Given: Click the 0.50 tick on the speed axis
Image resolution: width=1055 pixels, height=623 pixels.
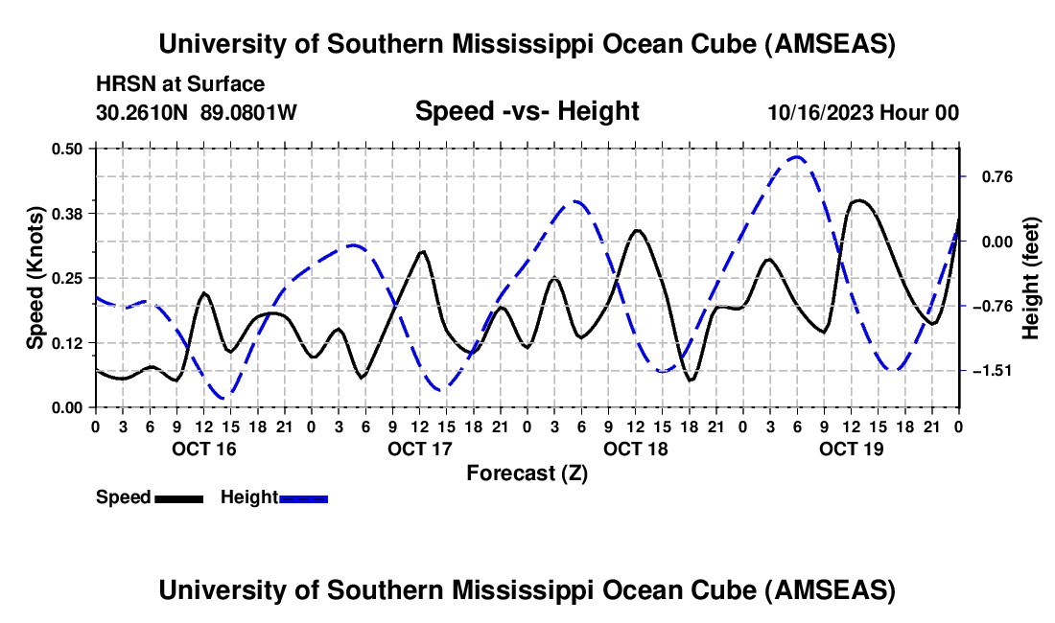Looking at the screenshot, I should pos(68,149).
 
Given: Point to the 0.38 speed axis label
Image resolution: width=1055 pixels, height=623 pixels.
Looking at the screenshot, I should pos(68,213).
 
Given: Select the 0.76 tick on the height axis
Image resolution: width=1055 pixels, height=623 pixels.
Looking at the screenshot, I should pos(989,176).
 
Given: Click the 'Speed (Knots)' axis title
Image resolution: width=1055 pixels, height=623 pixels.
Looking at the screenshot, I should pos(35,278).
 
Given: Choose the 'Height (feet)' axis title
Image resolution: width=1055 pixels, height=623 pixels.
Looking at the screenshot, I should pos(1031,278).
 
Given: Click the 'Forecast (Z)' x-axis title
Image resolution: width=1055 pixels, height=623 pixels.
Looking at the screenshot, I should pos(527,473).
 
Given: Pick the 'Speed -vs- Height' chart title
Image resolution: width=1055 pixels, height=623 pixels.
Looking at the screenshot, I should pos(527,111).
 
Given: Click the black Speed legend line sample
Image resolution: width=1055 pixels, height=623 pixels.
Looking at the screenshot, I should pos(178,498).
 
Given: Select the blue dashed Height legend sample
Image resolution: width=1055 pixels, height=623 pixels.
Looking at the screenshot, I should pos(303,498).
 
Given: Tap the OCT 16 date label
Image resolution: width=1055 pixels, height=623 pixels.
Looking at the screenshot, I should pos(203,448).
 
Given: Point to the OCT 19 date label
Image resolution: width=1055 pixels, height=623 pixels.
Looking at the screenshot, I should pos(851,448).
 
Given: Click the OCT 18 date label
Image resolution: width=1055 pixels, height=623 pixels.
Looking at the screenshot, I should pos(635,448).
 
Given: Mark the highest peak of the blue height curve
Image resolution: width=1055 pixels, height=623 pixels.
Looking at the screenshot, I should pos(796,156).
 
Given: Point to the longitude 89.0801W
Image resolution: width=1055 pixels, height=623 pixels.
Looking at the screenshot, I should pos(248,112).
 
